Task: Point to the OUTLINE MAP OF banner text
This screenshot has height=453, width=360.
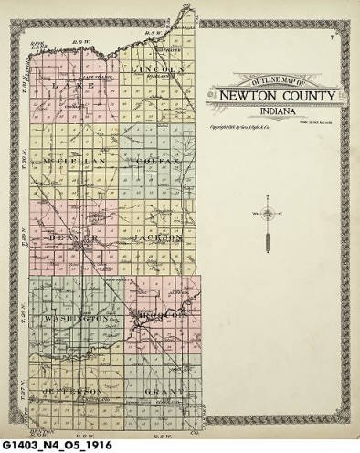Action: point(270,84)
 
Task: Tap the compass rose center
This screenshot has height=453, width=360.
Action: point(266,215)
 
